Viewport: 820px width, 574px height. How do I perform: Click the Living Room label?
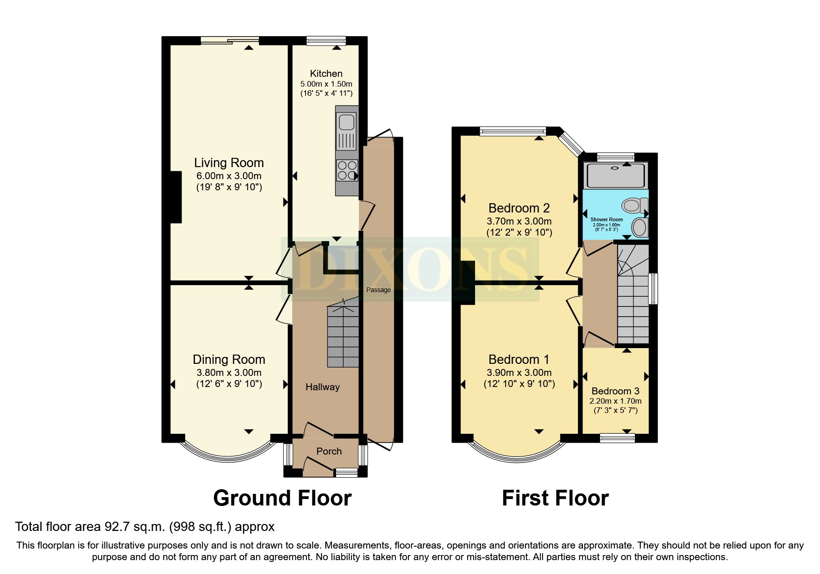point(229,163)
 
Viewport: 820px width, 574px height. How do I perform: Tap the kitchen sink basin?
point(346,123)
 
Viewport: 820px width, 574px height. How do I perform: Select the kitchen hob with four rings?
point(347,170)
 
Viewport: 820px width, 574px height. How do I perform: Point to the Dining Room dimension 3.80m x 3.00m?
point(229,373)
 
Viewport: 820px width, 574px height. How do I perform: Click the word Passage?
point(378,290)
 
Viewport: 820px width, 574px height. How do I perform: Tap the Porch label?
point(329,451)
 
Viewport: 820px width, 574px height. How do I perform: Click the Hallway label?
point(322,387)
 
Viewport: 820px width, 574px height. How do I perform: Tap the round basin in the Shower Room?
point(640,228)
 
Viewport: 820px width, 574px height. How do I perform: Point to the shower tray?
point(615,175)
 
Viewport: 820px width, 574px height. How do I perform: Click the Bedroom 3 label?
point(615,391)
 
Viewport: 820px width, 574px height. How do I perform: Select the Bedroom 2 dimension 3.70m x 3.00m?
point(519,221)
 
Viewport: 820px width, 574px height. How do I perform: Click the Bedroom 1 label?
point(519,360)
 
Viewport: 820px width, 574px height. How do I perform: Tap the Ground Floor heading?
point(282,498)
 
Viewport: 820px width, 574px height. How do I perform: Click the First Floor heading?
point(555,498)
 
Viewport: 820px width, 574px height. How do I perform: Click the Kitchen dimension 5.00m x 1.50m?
point(326,84)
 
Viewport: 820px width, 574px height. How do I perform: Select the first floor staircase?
point(633,296)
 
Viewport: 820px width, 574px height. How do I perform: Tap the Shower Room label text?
point(606,219)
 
